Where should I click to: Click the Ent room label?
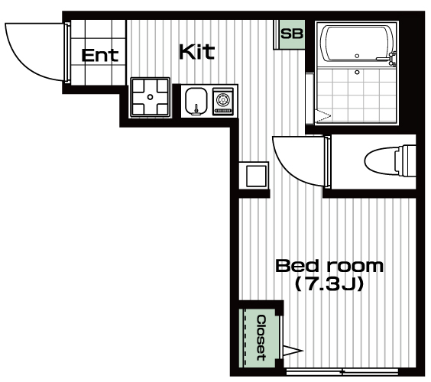[100, 55]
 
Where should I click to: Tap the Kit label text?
[196, 51]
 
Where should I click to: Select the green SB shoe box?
[292, 34]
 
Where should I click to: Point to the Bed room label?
[329, 266]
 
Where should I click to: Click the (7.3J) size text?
[329, 284]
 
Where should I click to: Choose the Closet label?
[261, 338]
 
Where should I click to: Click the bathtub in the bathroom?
[357, 44]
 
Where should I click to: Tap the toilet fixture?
[390, 161]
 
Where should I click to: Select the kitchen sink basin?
[196, 101]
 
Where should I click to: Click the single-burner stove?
[223, 101]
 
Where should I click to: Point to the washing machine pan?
[150, 97]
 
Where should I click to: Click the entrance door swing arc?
[31, 61]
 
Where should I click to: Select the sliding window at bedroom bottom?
[342, 372]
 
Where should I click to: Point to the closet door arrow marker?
[293, 351]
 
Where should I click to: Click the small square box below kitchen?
[257, 176]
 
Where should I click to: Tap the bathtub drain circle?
[357, 56]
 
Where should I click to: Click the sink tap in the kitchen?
[196, 109]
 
